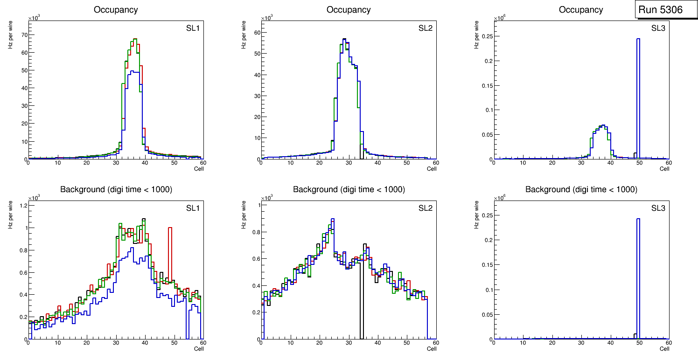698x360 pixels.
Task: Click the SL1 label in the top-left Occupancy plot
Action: [x=193, y=28]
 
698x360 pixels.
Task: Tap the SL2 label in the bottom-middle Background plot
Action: [x=426, y=208]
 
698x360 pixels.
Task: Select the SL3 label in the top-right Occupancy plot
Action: [x=658, y=28]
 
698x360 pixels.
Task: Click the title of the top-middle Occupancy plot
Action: [x=349, y=10]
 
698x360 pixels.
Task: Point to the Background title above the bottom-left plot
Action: [x=116, y=189]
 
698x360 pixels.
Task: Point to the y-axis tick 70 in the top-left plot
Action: [x=23, y=35]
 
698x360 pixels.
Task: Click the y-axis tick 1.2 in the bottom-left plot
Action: [x=21, y=206]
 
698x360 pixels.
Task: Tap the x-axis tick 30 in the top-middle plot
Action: [x=349, y=163]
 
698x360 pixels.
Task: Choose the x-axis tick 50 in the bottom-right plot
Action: [x=639, y=343]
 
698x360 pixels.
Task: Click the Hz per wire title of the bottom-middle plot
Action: [x=244, y=215]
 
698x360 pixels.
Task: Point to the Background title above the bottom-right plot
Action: [x=581, y=189]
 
